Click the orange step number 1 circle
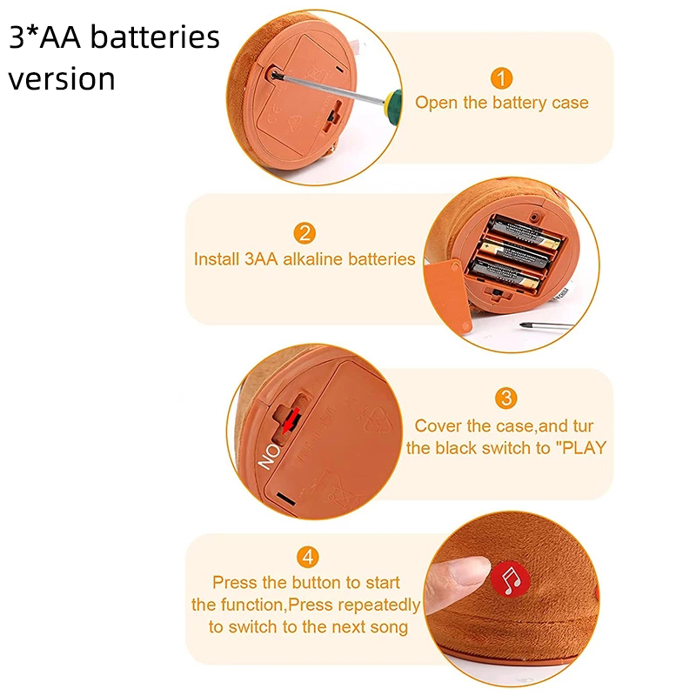coord(502,78)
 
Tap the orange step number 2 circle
coord(304,233)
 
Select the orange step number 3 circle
coord(506,398)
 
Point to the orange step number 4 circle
coord(308,557)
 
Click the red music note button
coord(511,579)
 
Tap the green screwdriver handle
coord(393,104)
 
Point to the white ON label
coord(269,456)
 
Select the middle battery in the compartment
coord(517,254)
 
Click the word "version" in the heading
coord(62,79)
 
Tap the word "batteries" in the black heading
coord(155,37)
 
